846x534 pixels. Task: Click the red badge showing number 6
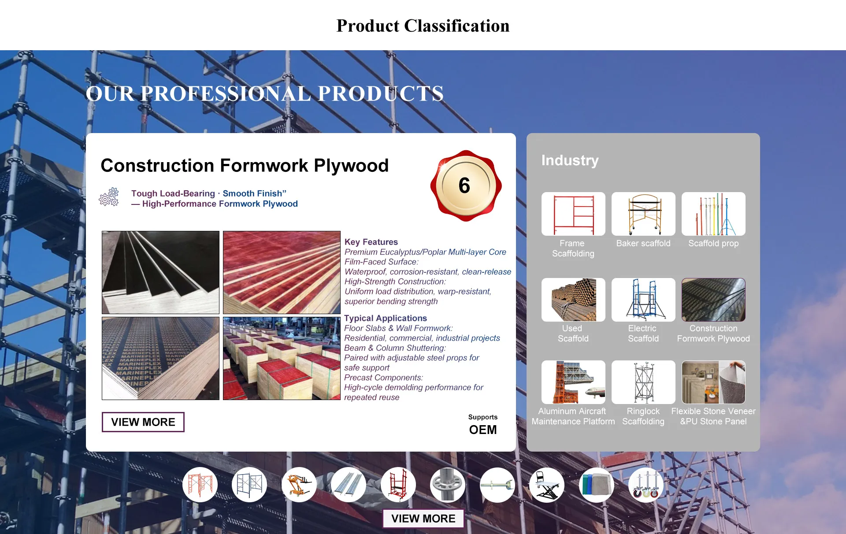click(466, 185)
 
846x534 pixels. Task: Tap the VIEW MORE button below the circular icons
click(423, 519)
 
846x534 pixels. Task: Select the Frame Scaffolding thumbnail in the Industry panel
click(573, 214)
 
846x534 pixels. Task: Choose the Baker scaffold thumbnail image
click(643, 214)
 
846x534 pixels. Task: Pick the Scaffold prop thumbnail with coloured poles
click(713, 214)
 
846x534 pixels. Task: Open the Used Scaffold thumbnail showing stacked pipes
click(573, 300)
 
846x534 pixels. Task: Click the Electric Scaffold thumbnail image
click(643, 300)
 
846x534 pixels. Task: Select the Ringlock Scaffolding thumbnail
click(643, 382)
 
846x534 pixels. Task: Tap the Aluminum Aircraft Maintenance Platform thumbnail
click(573, 382)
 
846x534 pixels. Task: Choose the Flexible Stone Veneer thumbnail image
click(713, 382)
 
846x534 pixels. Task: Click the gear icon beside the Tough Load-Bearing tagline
click(109, 197)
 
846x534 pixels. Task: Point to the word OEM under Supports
click(483, 430)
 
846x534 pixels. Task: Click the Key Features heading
click(371, 242)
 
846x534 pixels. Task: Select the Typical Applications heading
click(386, 318)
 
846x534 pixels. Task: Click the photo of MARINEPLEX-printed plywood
click(160, 358)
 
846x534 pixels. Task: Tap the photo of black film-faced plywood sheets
click(160, 272)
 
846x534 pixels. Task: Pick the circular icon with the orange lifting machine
click(299, 485)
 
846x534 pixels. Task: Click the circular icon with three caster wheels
click(646, 485)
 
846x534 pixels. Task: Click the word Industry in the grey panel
click(570, 160)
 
